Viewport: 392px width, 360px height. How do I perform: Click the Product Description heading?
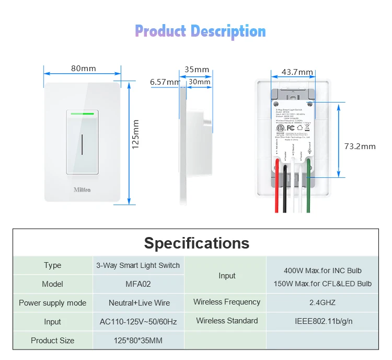click(x=200, y=31)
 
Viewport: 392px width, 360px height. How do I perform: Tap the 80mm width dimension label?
click(x=83, y=69)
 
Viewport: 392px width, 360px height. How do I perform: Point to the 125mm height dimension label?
click(x=136, y=134)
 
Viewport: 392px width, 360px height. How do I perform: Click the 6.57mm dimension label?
click(x=165, y=82)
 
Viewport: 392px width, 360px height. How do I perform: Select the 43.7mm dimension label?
click(x=297, y=72)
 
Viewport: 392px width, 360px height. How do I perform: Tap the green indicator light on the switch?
click(x=82, y=112)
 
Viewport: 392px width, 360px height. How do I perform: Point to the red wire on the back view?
click(x=276, y=194)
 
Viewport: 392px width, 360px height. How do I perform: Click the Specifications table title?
click(x=197, y=243)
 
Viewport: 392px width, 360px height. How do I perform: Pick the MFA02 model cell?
click(x=139, y=284)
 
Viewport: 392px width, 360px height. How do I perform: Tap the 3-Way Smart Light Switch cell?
click(x=138, y=265)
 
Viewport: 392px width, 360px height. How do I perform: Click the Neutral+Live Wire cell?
click(x=139, y=302)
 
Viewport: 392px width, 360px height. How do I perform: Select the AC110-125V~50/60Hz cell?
click(x=139, y=322)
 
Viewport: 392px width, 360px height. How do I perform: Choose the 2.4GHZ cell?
click(x=322, y=302)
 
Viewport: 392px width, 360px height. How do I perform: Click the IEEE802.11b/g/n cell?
click(x=322, y=321)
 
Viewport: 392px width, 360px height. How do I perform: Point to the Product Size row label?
click(x=52, y=341)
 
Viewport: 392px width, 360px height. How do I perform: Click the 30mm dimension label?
click(x=200, y=82)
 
